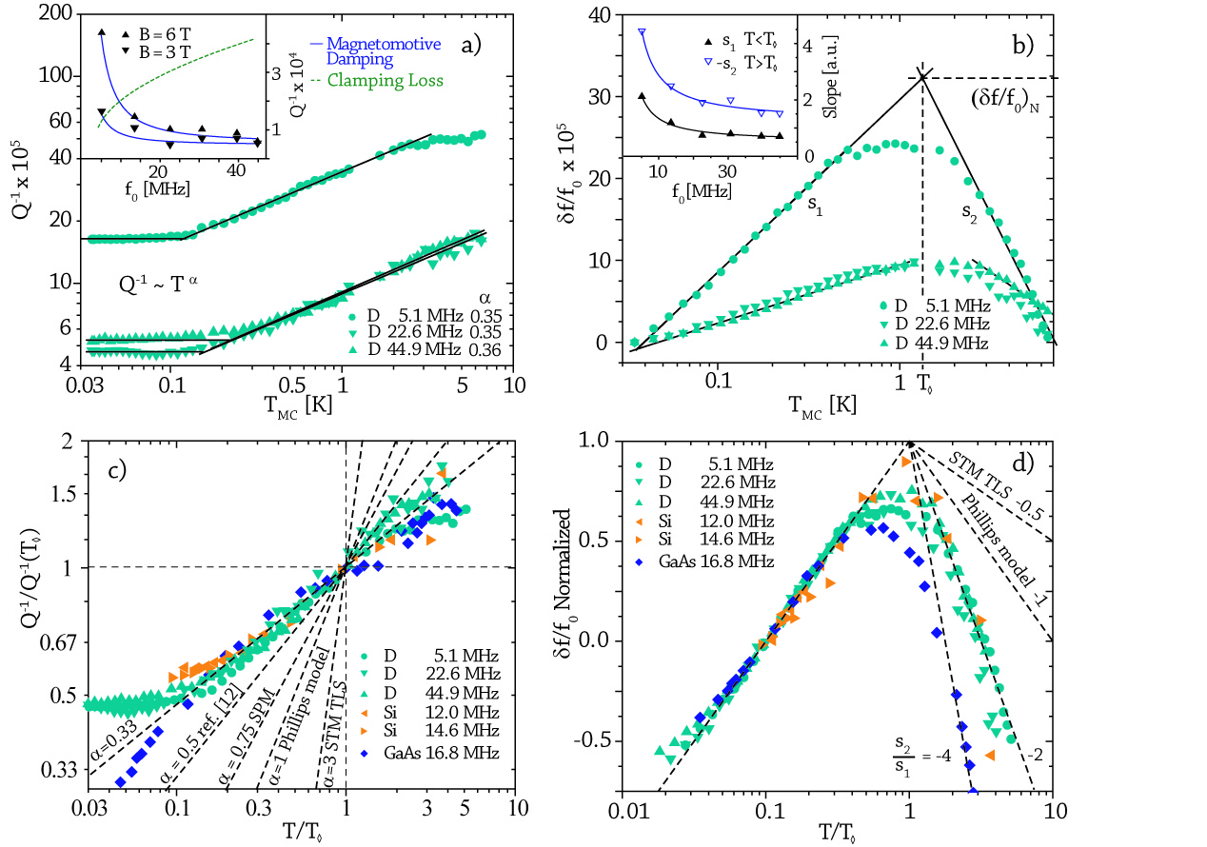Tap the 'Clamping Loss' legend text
385,81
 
